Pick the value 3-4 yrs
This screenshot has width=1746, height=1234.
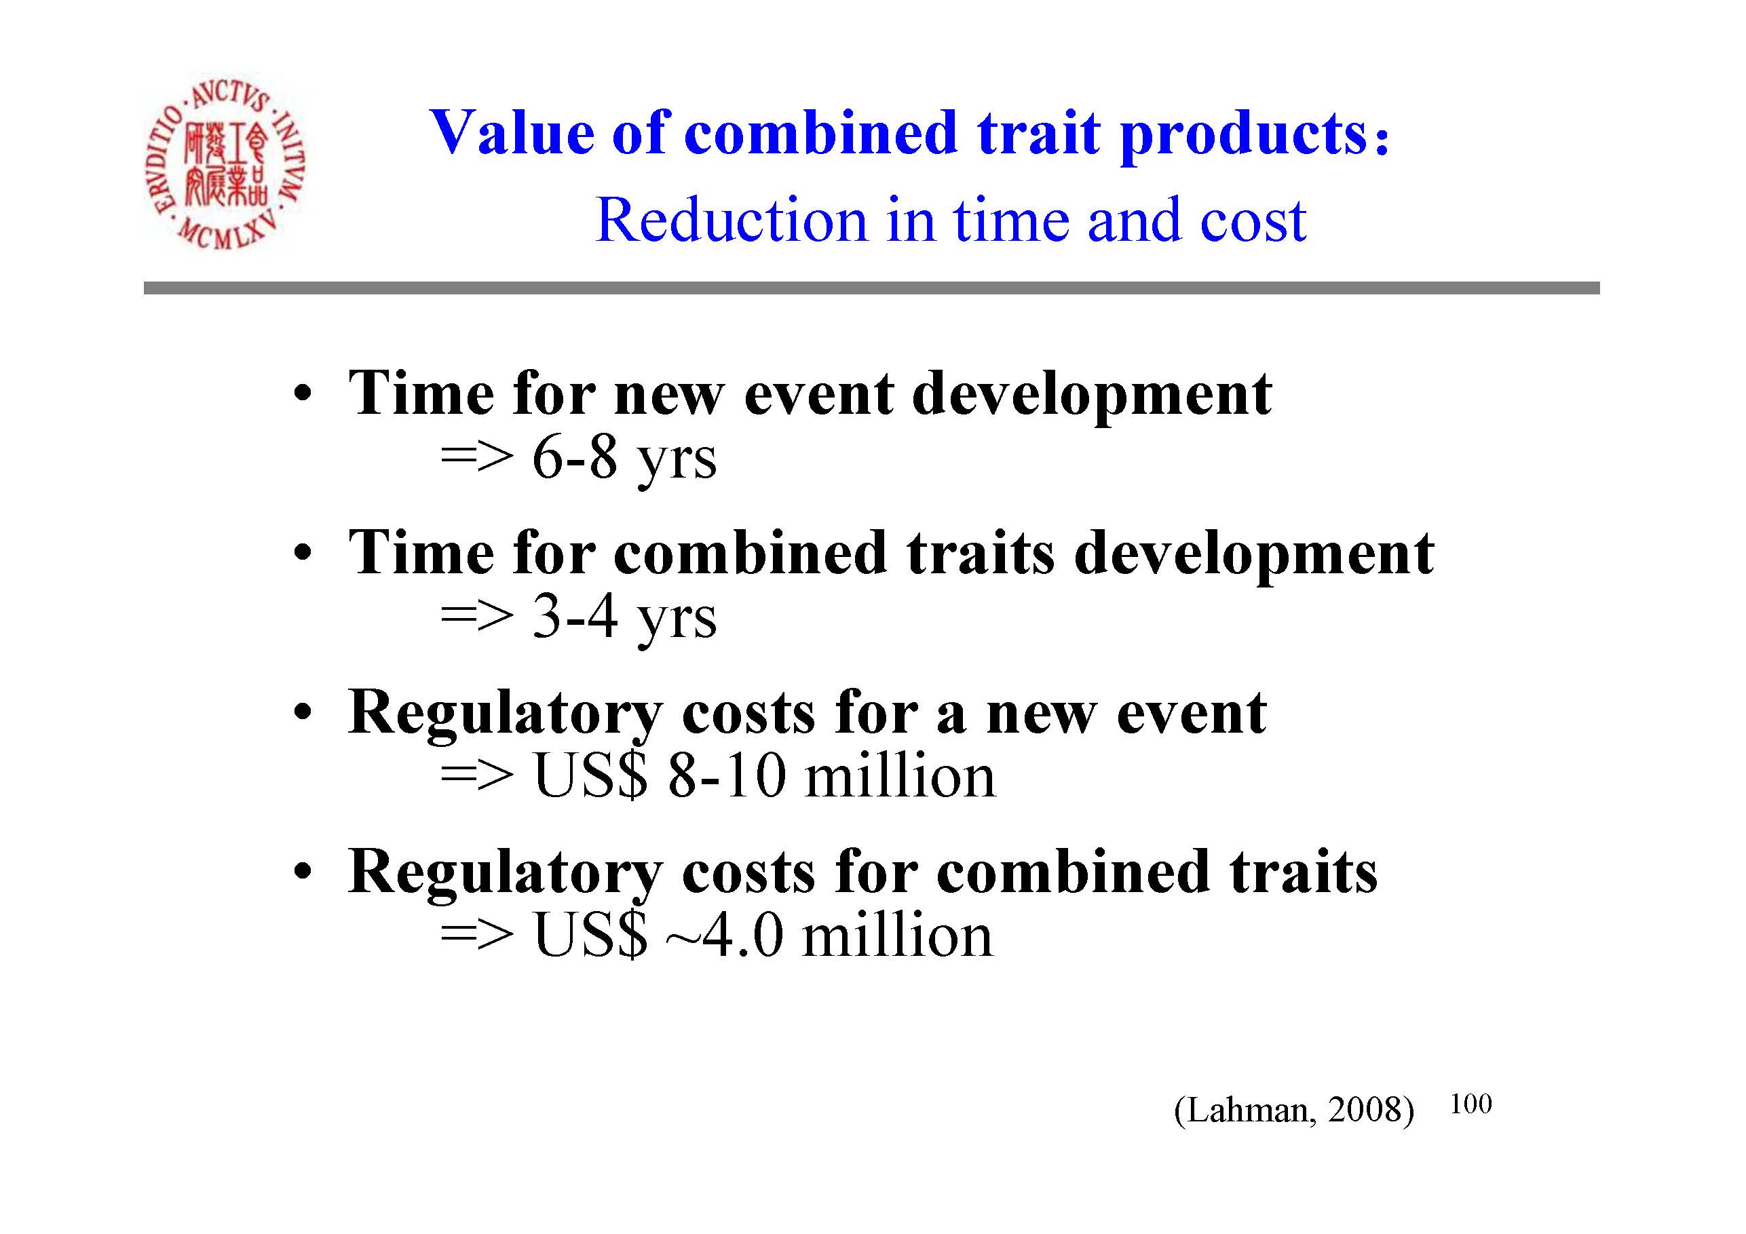coord(624,618)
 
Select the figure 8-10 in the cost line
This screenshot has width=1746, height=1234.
coord(726,776)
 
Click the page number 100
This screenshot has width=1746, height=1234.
coord(1470,1103)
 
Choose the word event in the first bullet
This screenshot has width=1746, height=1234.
coord(818,396)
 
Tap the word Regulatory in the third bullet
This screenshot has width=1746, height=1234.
coord(505,716)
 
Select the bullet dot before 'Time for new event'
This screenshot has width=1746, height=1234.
coord(303,396)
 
